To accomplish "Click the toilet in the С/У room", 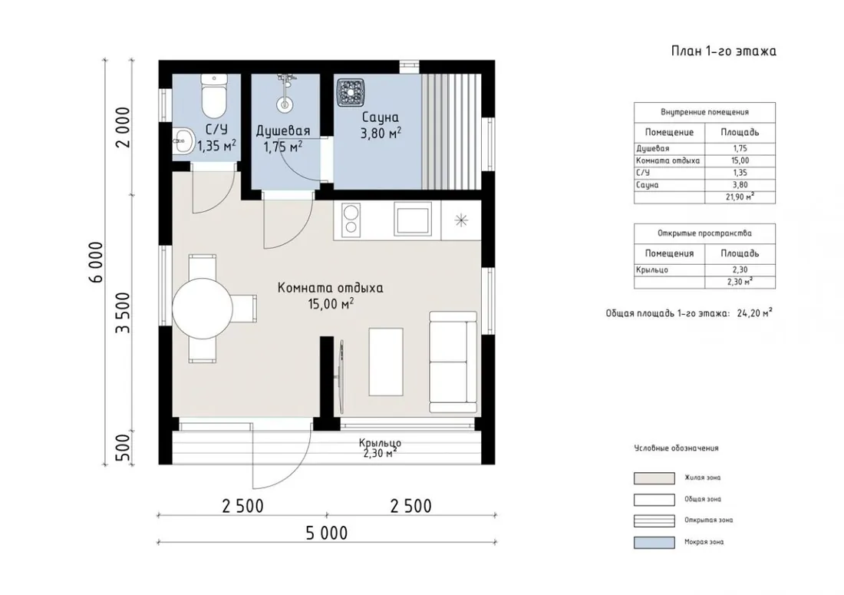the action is (214, 96).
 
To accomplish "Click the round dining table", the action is (203, 309).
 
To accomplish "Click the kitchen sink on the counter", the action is (412, 218).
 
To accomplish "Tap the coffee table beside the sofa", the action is (386, 362).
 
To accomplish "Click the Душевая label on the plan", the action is (283, 131).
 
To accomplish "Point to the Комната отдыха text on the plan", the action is (331, 288).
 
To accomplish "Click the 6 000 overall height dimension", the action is (97, 263).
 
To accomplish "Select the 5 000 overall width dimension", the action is (327, 533).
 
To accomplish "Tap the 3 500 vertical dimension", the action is (124, 312).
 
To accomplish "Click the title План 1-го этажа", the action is (724, 51).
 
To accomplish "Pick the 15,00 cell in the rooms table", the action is (740, 160).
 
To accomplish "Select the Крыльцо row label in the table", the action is (652, 269).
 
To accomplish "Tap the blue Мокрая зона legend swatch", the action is (654, 542).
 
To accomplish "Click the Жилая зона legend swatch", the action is (654, 478).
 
